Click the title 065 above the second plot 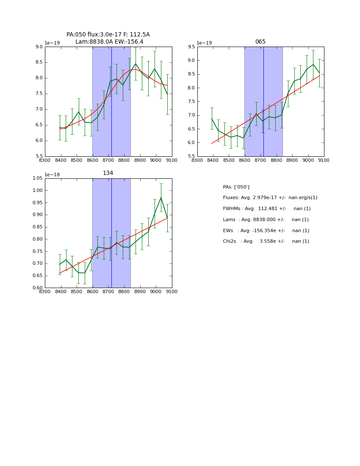[x=260, y=42]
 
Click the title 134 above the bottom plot [x=108, y=173]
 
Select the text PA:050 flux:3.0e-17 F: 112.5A [x=108, y=35]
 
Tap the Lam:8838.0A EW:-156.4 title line [x=109, y=42]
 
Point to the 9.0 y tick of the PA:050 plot [x=39, y=47]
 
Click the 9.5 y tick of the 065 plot [x=191, y=47]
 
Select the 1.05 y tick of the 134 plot [x=38, y=178]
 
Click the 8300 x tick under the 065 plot [x=197, y=160]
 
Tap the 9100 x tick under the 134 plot [x=172, y=291]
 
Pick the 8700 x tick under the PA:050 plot [x=108, y=160]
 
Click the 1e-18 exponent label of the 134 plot [x=52, y=175]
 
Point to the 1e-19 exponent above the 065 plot [x=204, y=43]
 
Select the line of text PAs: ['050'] [x=236, y=187]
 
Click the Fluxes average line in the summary [x=270, y=198]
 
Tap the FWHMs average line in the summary [x=266, y=209]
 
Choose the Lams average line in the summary [x=266, y=220]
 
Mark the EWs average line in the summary [x=266, y=231]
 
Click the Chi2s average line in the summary [x=266, y=241]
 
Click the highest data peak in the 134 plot [x=161, y=197]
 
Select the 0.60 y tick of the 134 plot [x=38, y=288]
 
